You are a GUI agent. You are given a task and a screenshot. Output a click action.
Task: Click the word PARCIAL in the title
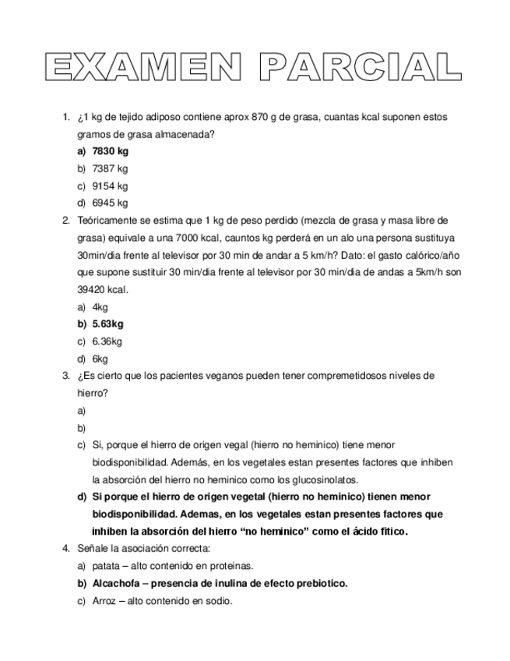coord(359,68)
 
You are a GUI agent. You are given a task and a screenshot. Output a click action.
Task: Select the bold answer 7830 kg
coord(110,151)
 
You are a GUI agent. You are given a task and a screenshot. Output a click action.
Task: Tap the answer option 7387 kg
coord(110,168)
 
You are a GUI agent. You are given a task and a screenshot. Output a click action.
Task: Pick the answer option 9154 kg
coord(110,186)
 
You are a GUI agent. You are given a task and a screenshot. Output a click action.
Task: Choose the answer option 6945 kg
coord(110,203)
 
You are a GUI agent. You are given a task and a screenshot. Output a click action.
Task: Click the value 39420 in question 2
coord(92,290)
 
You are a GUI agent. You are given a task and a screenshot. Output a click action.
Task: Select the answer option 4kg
coord(100,307)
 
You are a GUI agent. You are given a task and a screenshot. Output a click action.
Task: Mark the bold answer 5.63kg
coord(107,324)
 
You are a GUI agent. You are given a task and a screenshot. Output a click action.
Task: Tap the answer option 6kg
coord(100,359)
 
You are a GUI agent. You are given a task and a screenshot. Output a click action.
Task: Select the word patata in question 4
coord(105,567)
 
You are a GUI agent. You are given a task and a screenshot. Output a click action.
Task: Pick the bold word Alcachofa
coord(116,584)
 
